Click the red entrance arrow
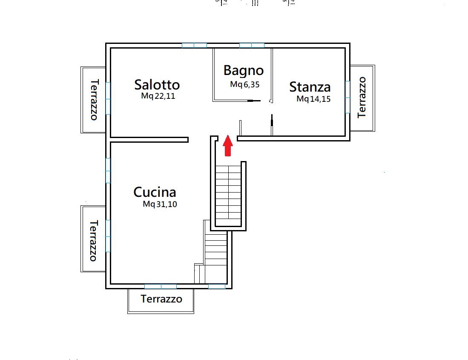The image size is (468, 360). [x=228, y=146]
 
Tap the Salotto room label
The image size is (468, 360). [x=157, y=85]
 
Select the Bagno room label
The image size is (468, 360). [x=244, y=71]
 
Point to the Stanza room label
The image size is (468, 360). [x=310, y=87]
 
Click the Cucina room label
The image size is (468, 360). [x=155, y=192]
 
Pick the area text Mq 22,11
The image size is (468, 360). [x=158, y=96]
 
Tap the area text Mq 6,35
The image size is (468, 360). [x=245, y=84]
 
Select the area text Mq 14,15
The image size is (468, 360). [x=313, y=99]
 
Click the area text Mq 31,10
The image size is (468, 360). [x=160, y=204]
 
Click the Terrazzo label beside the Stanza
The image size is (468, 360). [x=362, y=97]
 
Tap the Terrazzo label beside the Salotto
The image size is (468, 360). [x=94, y=100]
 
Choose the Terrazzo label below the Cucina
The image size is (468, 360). [x=161, y=299]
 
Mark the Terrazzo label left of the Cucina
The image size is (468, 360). [x=93, y=241]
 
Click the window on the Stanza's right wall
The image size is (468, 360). [x=348, y=97]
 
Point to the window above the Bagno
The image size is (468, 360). [x=252, y=46]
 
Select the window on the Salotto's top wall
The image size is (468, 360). [x=194, y=46]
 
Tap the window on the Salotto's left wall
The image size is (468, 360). [x=108, y=98]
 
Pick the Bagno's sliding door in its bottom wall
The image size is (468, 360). [x=254, y=101]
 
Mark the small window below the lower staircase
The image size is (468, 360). [x=217, y=287]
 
